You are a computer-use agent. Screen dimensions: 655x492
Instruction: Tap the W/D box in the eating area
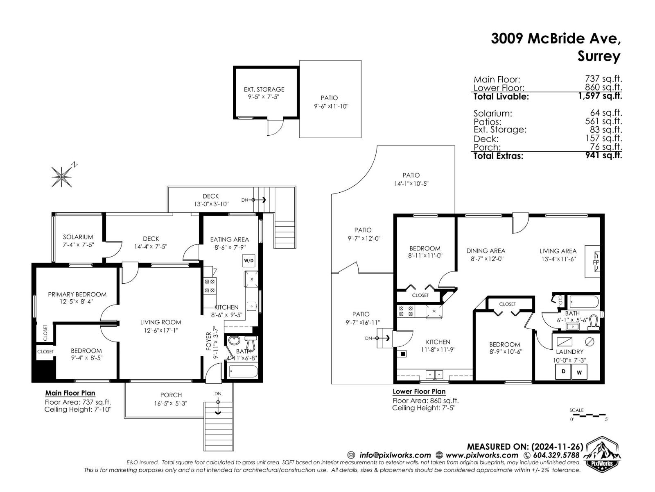pos(248,260)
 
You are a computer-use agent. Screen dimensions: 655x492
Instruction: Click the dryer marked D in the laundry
pos(563,371)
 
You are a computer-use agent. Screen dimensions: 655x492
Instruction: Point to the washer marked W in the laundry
pos(579,372)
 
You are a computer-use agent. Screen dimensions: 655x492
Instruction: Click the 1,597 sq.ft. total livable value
pos(600,96)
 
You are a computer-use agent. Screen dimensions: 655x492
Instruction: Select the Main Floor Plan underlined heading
pos(70,394)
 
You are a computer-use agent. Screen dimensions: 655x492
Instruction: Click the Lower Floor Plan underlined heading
pos(419,392)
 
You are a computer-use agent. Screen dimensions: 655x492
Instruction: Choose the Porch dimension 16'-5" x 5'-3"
pos(171,403)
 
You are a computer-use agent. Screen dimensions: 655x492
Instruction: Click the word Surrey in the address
pos(599,57)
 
